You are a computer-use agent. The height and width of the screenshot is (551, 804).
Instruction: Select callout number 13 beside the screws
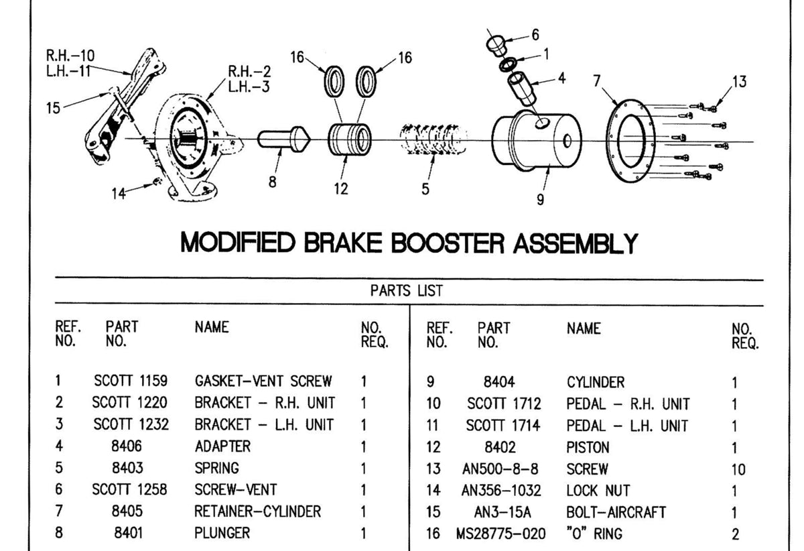738,82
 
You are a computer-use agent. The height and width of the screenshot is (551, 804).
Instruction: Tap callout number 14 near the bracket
119,194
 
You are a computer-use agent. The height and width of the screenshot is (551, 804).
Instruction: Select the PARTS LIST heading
406,291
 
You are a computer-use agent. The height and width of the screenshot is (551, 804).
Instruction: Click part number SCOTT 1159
131,381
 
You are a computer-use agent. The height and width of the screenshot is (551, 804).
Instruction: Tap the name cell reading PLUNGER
222,533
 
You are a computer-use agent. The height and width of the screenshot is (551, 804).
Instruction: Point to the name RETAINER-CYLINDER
257,511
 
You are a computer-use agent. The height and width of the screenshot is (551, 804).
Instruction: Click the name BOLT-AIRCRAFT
616,512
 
